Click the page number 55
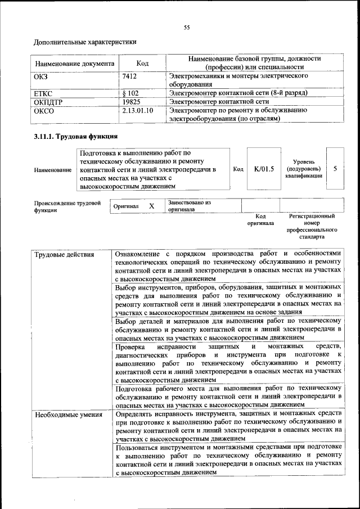pyautogui.click(x=187, y=27)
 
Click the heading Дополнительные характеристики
pyautogui.click(x=85, y=42)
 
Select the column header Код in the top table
pyautogui.click(x=142, y=64)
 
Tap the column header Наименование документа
pyautogui.click(x=75, y=64)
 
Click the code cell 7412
pyautogui.click(x=129, y=75)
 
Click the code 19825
pyautogui.click(x=131, y=102)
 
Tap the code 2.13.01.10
pyautogui.click(x=137, y=110)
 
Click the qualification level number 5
pyautogui.click(x=335, y=168)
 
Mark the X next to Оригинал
pyautogui.click(x=151, y=206)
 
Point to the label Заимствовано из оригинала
pyautogui.click(x=188, y=205)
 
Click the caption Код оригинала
pyautogui.click(x=260, y=219)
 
